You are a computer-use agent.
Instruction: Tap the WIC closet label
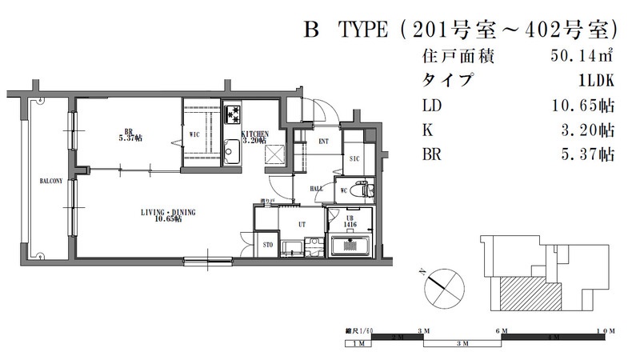194,134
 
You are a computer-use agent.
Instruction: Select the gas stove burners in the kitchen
233,111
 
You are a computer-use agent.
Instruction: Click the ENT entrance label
323,142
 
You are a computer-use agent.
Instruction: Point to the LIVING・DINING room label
169,214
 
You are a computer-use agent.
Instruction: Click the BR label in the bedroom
128,131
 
